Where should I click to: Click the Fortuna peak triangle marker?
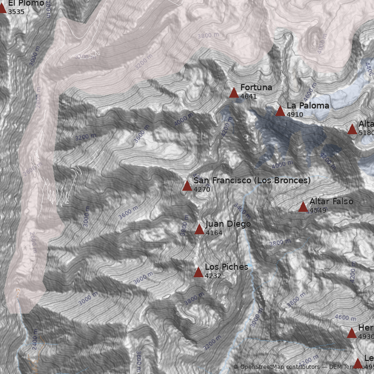click(x=234, y=93)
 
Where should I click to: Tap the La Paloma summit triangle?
click(x=280, y=111)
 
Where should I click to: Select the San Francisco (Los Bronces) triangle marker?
click(x=187, y=186)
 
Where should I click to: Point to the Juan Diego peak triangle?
click(x=199, y=229)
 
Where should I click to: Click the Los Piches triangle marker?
click(x=198, y=273)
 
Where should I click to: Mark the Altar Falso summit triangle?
click(x=303, y=207)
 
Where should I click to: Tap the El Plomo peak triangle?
click(x=2, y=7)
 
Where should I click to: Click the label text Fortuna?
click(x=256, y=87)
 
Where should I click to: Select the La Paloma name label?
click(x=308, y=106)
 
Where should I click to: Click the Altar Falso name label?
click(x=331, y=201)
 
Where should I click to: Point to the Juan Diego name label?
click(x=228, y=224)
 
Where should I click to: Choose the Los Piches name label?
click(x=226, y=267)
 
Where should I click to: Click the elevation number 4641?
click(x=249, y=96)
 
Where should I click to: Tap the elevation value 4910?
click(x=295, y=114)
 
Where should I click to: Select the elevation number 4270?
click(x=202, y=189)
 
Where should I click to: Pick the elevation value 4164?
click(x=214, y=233)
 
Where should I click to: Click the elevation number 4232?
click(x=213, y=276)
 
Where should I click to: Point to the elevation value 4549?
click(x=318, y=210)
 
